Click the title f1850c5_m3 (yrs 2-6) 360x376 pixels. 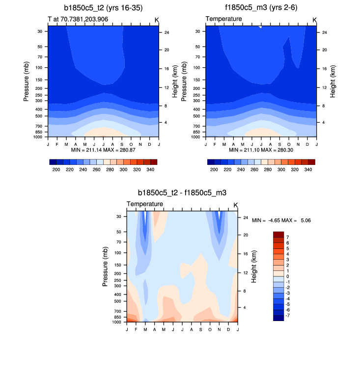(261, 8)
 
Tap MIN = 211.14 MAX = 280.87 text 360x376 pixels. (103, 149)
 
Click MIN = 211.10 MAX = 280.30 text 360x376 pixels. (261, 149)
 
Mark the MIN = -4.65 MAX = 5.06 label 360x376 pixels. (281, 221)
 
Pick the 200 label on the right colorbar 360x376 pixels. (214, 169)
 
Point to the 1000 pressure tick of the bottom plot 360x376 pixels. (116, 322)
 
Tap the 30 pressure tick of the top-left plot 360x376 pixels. (39, 31)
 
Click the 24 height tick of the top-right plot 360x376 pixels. (324, 32)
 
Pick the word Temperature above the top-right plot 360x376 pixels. (223, 19)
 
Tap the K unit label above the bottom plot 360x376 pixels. (235, 205)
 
